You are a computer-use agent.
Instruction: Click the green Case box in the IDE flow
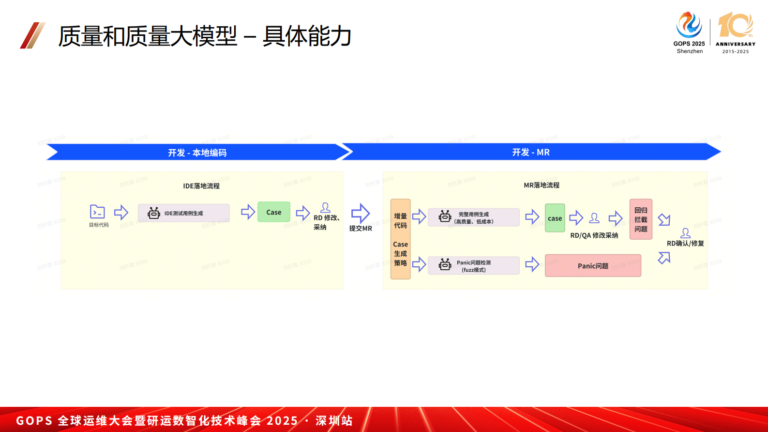(x=273, y=212)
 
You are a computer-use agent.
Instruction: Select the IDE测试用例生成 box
(x=183, y=213)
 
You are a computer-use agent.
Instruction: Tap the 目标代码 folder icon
(x=97, y=212)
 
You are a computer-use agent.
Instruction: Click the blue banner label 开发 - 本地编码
(x=197, y=153)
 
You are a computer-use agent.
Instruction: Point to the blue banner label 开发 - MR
(x=531, y=152)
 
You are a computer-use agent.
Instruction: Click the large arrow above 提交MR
(x=361, y=213)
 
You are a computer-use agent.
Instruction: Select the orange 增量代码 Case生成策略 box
(x=400, y=239)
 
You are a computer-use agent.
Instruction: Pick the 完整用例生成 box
(x=473, y=217)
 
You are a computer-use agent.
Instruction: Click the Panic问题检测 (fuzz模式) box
(x=473, y=266)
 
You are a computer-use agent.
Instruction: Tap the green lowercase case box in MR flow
(x=555, y=218)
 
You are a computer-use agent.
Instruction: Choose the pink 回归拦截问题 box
(x=641, y=219)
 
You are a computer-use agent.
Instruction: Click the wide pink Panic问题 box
(x=593, y=266)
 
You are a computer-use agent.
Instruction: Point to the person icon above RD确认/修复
(x=685, y=233)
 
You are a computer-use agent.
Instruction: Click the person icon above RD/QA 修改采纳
(x=594, y=218)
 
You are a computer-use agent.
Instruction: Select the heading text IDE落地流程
(x=201, y=186)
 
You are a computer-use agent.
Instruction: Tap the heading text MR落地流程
(x=542, y=185)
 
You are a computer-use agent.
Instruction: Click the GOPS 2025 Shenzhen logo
(x=689, y=32)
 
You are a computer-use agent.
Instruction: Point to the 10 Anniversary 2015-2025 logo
(x=735, y=32)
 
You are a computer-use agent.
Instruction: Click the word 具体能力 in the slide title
(x=307, y=36)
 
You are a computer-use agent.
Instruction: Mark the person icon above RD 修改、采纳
(x=325, y=208)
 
